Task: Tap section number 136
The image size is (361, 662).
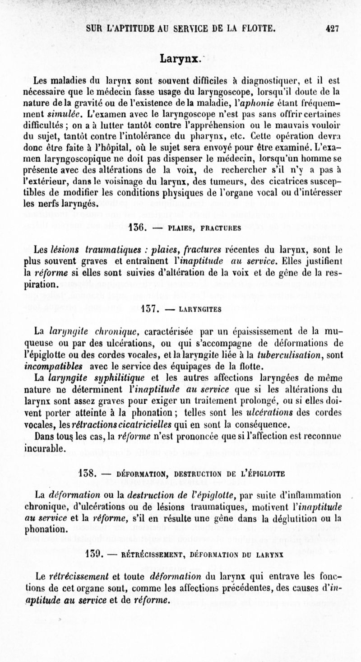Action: [136, 228]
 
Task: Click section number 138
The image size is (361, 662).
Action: [86, 474]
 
